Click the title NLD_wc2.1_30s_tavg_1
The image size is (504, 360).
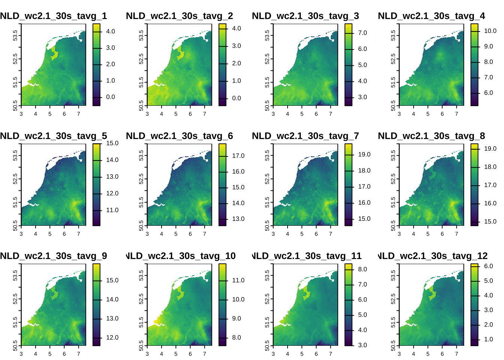click(x=54, y=16)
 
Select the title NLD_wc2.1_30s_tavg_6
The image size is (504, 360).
click(x=180, y=136)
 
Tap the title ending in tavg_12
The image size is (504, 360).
click(x=433, y=256)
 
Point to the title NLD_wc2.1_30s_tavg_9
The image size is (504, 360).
click(x=54, y=256)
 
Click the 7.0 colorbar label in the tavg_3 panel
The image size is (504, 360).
click(x=362, y=33)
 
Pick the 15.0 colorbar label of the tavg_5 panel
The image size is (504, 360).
click(x=112, y=143)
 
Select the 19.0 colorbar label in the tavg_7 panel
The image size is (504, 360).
click(x=364, y=154)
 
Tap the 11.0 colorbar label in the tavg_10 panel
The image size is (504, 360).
click(x=238, y=280)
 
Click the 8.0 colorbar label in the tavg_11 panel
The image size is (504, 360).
click(x=362, y=269)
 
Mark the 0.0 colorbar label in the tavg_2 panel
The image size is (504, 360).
click(x=236, y=98)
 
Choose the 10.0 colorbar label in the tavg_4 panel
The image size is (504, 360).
click(x=490, y=31)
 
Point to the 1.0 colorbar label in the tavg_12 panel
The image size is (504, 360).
click(x=488, y=339)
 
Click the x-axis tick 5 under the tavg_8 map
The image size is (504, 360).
click(x=428, y=234)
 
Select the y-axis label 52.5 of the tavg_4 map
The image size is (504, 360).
click(x=393, y=59)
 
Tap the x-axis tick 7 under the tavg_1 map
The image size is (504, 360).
click(x=78, y=114)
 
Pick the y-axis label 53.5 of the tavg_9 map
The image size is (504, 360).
click(x=15, y=275)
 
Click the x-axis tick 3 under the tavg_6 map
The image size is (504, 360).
click(x=147, y=234)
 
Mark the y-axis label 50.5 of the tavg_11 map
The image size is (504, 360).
click(x=267, y=345)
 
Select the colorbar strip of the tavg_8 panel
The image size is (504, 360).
click(x=474, y=184)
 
